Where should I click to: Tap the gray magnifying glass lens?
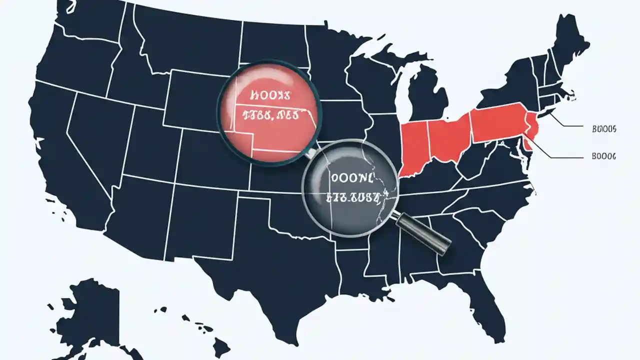[x=350, y=187]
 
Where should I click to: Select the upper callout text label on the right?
[x=603, y=129]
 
